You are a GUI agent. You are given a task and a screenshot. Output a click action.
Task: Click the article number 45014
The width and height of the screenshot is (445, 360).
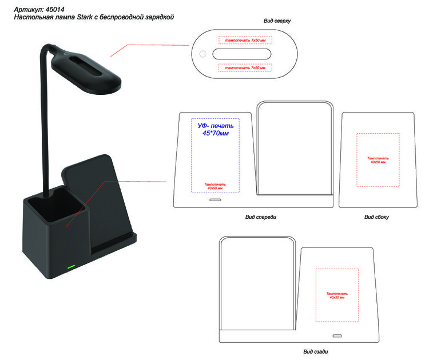[x=55, y=10]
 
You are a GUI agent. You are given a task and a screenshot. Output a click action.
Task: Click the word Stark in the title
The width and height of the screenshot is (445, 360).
[x=85, y=17]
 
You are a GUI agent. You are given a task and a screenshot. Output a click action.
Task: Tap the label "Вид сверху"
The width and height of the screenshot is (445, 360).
[x=277, y=21]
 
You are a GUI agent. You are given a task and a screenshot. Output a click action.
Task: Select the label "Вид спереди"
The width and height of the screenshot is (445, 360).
[x=260, y=217]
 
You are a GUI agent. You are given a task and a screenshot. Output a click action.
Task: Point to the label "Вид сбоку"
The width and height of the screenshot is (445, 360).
[x=376, y=217]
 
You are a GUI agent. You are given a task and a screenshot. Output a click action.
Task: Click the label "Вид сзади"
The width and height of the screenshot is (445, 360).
[x=315, y=351]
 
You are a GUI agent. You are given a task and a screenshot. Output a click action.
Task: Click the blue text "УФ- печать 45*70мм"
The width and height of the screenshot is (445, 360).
[x=216, y=129]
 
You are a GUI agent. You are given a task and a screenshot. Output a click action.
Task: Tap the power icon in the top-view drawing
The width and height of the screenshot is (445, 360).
[x=203, y=54]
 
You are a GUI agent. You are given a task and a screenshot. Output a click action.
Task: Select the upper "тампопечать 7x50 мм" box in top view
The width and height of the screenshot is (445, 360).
[x=245, y=40]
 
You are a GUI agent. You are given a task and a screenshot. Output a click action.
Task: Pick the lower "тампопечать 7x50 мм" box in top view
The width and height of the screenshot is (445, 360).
[x=245, y=68]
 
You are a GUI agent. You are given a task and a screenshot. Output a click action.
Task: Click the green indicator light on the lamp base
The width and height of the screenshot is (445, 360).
[x=71, y=266]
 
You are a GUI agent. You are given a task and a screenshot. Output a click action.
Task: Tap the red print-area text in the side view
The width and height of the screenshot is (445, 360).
[x=378, y=160]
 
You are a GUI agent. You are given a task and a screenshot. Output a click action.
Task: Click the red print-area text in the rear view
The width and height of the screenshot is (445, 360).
[x=337, y=295]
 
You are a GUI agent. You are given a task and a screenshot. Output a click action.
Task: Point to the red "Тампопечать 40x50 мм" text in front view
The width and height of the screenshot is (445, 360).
[x=215, y=186]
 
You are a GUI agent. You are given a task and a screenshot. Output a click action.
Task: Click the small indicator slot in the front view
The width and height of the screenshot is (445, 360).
[x=215, y=200]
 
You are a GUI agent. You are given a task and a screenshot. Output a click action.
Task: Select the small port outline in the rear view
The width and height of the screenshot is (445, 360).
[x=337, y=336]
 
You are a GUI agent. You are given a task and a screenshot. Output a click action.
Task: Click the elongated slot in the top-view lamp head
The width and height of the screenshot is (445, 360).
[x=242, y=54]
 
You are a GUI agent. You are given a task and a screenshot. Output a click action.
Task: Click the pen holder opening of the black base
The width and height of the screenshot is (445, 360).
[x=56, y=203]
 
